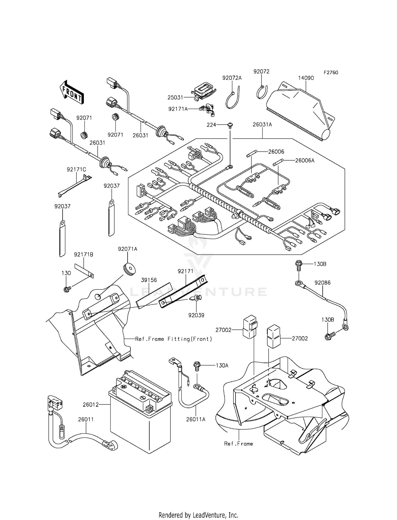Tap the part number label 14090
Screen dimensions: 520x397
click(x=306, y=78)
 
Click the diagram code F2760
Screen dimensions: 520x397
click(x=331, y=73)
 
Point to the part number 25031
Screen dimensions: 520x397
click(x=175, y=98)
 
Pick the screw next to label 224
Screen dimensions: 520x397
click(x=230, y=125)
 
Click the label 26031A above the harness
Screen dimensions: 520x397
click(x=262, y=125)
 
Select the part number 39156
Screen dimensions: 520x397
click(x=149, y=280)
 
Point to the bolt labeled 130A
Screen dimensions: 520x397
click(x=197, y=366)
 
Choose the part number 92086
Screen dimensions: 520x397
click(x=323, y=283)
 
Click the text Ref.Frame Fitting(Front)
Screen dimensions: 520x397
click(x=174, y=339)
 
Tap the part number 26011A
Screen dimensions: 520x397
click(x=196, y=419)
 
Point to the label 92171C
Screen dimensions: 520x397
click(x=76, y=169)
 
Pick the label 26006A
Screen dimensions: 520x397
click(x=305, y=160)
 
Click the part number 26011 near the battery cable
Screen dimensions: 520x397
click(x=86, y=419)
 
